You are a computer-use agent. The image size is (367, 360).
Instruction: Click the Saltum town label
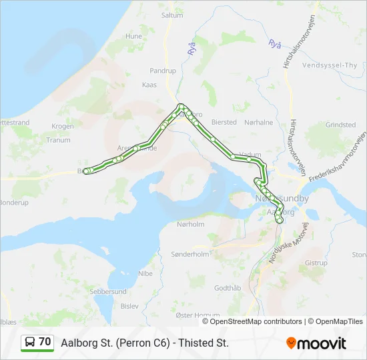click(x=172, y=15)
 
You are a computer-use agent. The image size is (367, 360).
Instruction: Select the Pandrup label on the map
click(x=163, y=70)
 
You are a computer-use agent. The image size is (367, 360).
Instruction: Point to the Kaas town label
click(x=149, y=85)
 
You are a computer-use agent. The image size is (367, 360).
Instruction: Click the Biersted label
click(x=224, y=122)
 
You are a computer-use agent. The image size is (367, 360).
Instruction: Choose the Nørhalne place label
click(x=259, y=122)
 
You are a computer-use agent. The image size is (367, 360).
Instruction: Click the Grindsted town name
click(x=340, y=125)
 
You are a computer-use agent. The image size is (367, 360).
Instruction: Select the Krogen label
click(x=63, y=126)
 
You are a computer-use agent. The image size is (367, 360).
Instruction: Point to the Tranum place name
click(x=58, y=140)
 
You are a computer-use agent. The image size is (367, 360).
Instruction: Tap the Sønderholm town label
click(x=190, y=254)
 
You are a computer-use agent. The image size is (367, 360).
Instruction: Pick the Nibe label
click(x=145, y=273)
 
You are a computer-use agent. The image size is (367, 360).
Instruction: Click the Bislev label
click(x=130, y=306)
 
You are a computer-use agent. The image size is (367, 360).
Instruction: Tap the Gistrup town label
click(x=316, y=263)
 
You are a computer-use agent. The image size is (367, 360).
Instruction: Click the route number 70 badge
click(x=37, y=342)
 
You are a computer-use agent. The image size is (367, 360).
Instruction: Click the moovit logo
click(x=316, y=343)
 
